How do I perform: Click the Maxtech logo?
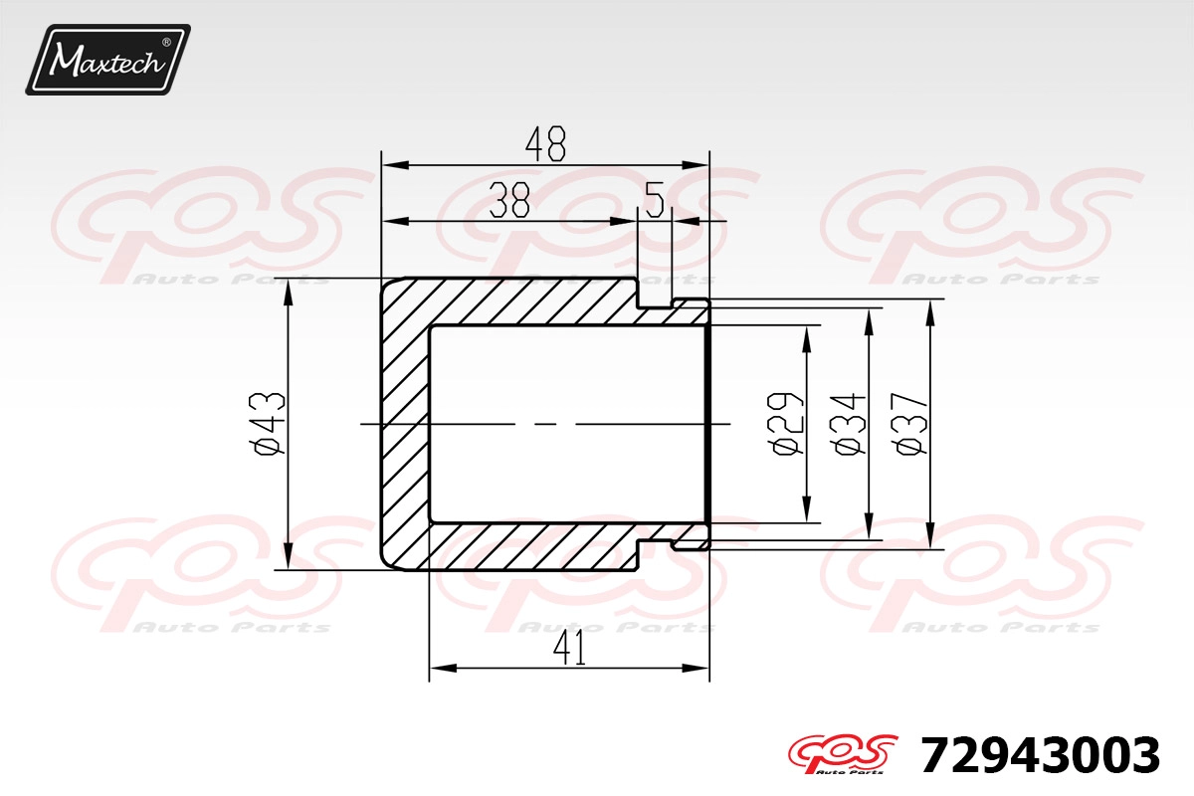pos(107,59)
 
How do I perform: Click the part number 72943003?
pos(1040,755)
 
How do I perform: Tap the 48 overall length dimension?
pos(545,144)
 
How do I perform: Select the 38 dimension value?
pos(509,200)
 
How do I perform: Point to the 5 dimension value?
pos(654,200)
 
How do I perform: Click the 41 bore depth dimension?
pos(569,649)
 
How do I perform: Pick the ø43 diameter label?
pos(268,424)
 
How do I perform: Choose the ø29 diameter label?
pos(785,425)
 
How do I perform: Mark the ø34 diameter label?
pos(848,425)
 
